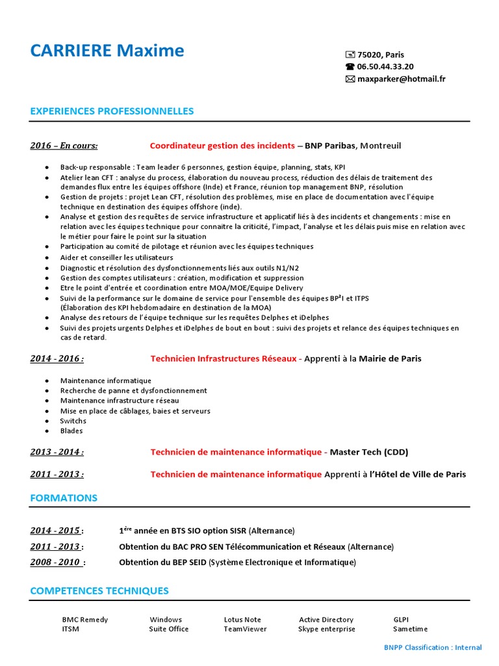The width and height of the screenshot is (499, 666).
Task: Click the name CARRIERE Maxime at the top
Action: click(x=107, y=51)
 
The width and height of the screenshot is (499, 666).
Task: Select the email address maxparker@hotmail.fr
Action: click(x=401, y=79)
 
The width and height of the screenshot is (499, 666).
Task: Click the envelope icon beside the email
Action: click(x=350, y=79)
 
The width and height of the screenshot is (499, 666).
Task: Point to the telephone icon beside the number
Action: click(x=350, y=66)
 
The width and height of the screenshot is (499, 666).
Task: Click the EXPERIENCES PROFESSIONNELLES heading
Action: click(x=112, y=111)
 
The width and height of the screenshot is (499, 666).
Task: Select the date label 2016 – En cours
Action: click(x=64, y=146)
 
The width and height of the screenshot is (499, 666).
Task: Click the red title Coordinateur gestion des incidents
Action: click(x=222, y=146)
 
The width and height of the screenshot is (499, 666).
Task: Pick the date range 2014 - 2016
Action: click(x=57, y=358)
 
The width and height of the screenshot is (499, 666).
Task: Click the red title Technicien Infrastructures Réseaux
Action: click(x=224, y=358)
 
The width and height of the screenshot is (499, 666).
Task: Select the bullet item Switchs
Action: click(x=73, y=421)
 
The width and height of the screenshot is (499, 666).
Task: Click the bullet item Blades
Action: click(x=71, y=431)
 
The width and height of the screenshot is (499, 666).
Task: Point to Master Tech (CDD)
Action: click(x=369, y=452)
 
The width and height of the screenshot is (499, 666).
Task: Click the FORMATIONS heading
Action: click(x=64, y=498)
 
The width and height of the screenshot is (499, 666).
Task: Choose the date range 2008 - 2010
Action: click(x=56, y=562)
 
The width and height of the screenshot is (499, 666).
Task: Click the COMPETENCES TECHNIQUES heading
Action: click(x=99, y=591)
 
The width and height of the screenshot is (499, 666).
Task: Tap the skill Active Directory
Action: click(x=326, y=620)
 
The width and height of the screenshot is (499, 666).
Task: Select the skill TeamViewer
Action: click(x=245, y=629)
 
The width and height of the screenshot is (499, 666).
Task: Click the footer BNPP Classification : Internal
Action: click(x=433, y=647)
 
